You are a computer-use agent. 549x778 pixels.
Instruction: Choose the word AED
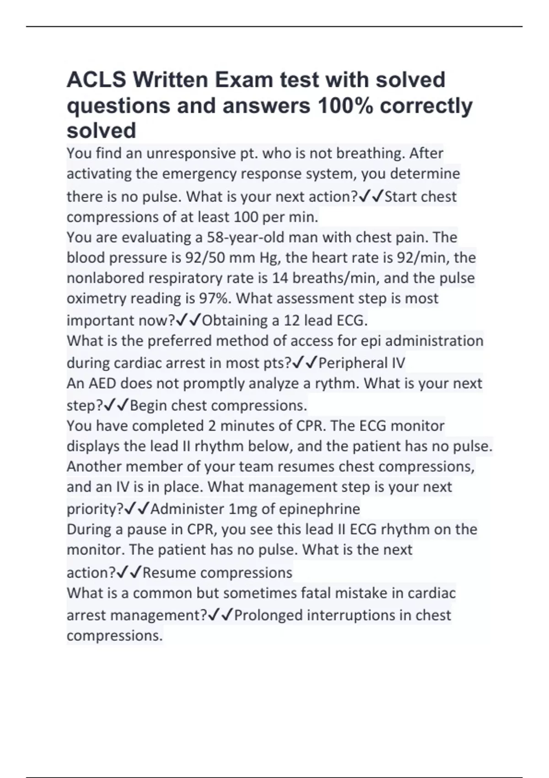pos(99,384)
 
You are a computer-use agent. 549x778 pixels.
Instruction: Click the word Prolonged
pos(268,615)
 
